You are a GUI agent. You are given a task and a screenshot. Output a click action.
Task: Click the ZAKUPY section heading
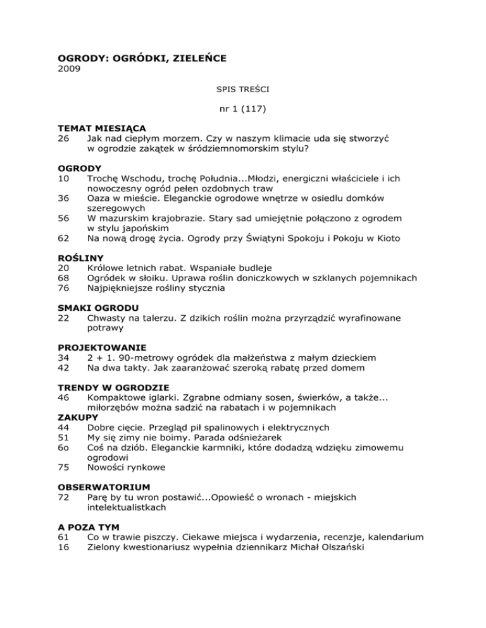[80, 418]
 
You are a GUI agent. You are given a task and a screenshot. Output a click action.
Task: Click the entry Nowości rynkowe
[126, 468]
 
